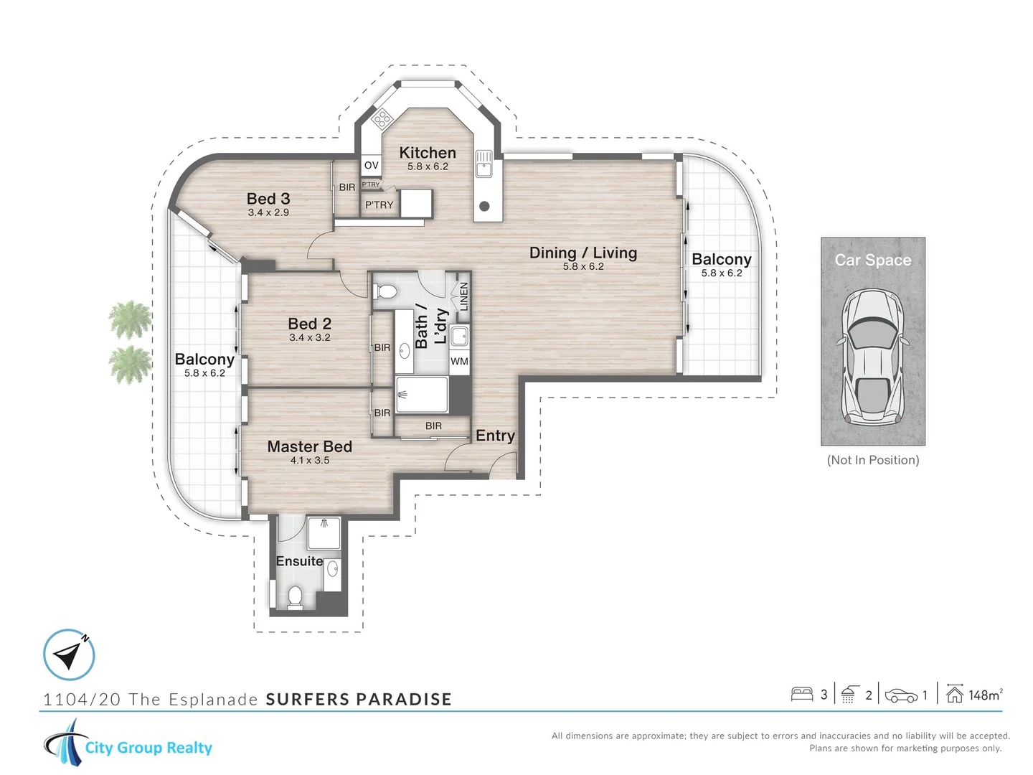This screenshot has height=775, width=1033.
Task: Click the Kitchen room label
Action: coord(428,153)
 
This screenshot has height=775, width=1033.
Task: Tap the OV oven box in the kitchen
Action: coord(371,166)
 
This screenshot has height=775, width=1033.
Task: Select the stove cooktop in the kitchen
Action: coord(381,119)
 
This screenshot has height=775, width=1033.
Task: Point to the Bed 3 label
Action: coord(268,199)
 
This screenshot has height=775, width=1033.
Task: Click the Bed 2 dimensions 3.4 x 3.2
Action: coord(310,337)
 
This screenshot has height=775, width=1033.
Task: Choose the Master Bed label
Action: coord(309,446)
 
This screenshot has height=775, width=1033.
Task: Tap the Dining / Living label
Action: coord(582,253)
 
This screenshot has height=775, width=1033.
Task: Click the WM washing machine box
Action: coord(459,362)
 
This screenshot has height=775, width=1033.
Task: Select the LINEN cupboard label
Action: coord(463,296)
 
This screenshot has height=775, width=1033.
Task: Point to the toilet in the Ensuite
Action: coord(295,596)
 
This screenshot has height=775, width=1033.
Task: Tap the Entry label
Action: coord(495,436)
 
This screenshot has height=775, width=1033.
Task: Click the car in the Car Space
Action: coord(873,356)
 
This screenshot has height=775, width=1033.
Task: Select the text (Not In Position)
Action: coord(873,460)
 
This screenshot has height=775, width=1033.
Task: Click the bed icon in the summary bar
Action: coord(801,694)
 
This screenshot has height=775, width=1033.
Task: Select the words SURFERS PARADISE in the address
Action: coord(359,700)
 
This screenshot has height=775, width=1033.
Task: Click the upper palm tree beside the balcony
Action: coord(130,320)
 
